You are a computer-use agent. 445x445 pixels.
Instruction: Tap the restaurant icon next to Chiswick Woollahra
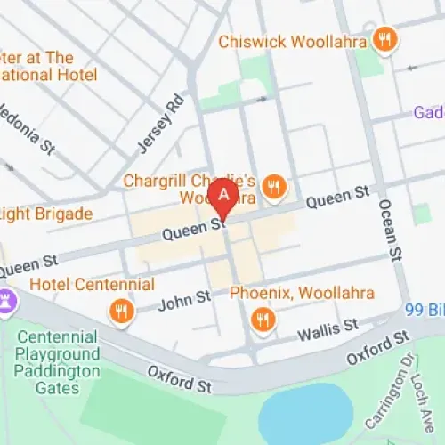click(x=384, y=38)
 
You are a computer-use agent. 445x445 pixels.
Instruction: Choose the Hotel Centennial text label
click(x=92, y=285)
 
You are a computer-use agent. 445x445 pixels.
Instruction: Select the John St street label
click(x=185, y=302)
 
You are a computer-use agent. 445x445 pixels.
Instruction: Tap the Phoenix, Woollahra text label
click(x=302, y=292)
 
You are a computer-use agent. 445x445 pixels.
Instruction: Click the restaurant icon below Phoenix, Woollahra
click(x=262, y=319)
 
